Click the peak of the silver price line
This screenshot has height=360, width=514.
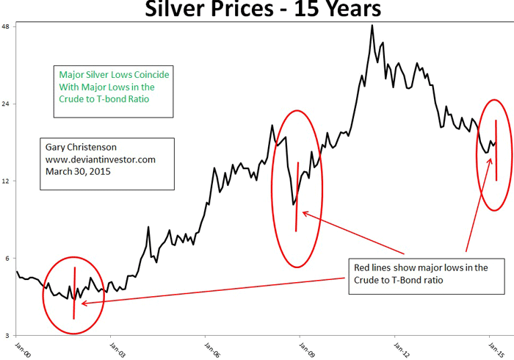372,26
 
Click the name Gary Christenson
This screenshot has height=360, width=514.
82,146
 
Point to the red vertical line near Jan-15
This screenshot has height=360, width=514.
496,150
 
